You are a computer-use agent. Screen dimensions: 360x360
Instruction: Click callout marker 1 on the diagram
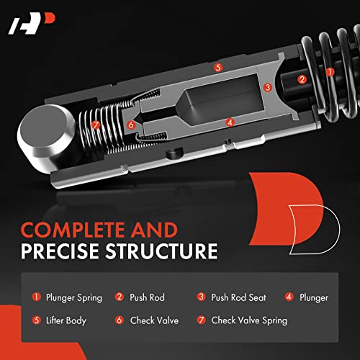point(330,72)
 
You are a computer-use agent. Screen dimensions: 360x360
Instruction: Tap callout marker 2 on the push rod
point(302,79)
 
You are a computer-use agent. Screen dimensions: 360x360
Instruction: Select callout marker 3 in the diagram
point(267,87)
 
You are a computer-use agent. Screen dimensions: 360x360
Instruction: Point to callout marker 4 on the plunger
point(230,122)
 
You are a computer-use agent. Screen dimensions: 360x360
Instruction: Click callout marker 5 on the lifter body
point(218,67)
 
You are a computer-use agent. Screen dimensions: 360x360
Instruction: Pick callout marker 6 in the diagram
point(131,125)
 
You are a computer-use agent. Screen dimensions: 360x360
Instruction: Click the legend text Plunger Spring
point(74,297)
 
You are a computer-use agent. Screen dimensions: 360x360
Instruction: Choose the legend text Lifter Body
point(67,320)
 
